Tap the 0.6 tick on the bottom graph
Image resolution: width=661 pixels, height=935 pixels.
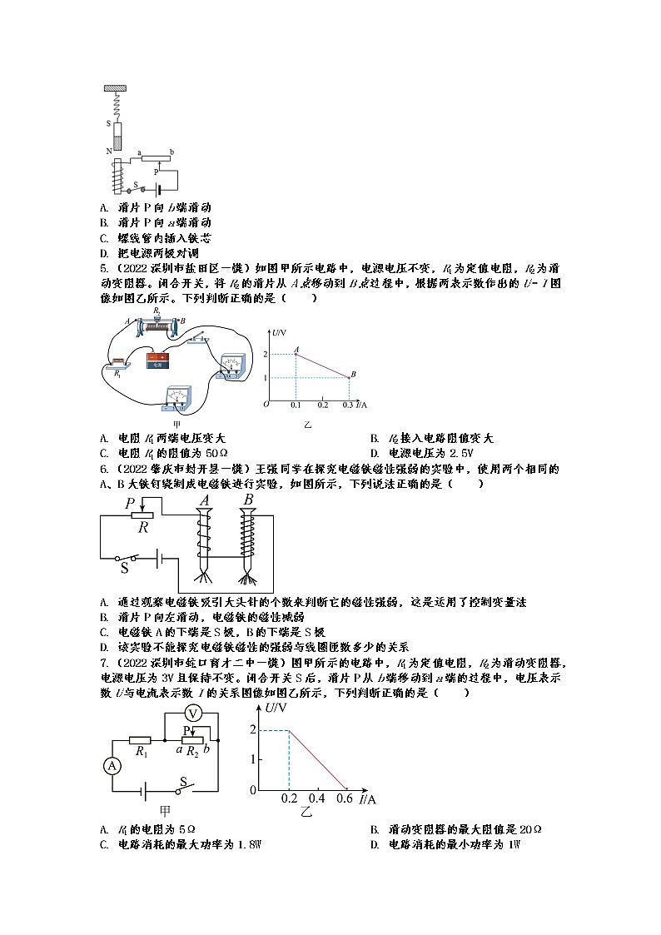coord(345,798)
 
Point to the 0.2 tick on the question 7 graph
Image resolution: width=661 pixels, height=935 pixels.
coord(288,798)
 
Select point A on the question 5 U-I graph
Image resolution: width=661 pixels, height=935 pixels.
coord(295,354)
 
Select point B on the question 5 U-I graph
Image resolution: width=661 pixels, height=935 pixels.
coord(349,377)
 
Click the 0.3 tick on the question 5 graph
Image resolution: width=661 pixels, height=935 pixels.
coord(348,404)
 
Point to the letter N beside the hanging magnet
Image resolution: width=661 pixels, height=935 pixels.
coord(108,151)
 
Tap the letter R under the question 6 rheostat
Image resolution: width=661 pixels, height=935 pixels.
coord(142,526)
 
